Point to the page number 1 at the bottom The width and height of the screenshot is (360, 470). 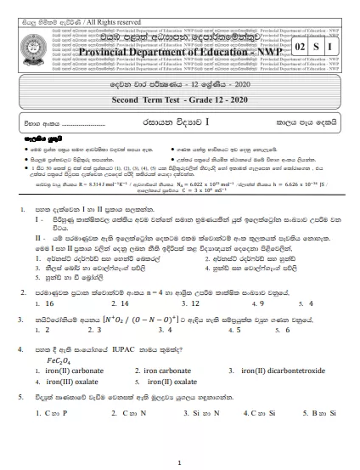click(x=181, y=462)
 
